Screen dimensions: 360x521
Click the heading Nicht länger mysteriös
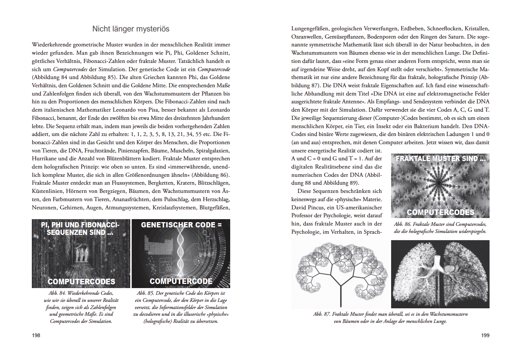pos(131,29)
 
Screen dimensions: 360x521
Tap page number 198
pos(36,335)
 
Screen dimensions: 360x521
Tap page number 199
pos(485,335)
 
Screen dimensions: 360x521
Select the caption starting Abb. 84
pos(81,307)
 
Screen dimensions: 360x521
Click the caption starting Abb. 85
pos(181,307)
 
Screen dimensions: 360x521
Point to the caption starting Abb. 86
pos(440,227)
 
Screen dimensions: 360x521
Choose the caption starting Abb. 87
pos(390,317)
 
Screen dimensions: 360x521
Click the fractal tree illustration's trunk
pos(341,292)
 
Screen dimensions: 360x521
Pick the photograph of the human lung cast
pos(440,274)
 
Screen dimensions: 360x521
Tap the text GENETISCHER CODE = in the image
pos(181,225)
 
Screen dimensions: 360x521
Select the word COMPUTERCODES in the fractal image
pos(440,212)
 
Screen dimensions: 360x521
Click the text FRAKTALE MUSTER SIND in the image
pos(440,158)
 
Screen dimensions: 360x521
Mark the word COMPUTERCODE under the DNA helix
pos(181,281)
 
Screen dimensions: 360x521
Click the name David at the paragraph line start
pos(299,208)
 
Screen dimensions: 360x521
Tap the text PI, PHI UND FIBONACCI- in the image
pos(80,225)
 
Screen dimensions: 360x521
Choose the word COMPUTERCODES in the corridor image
pos(81,281)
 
